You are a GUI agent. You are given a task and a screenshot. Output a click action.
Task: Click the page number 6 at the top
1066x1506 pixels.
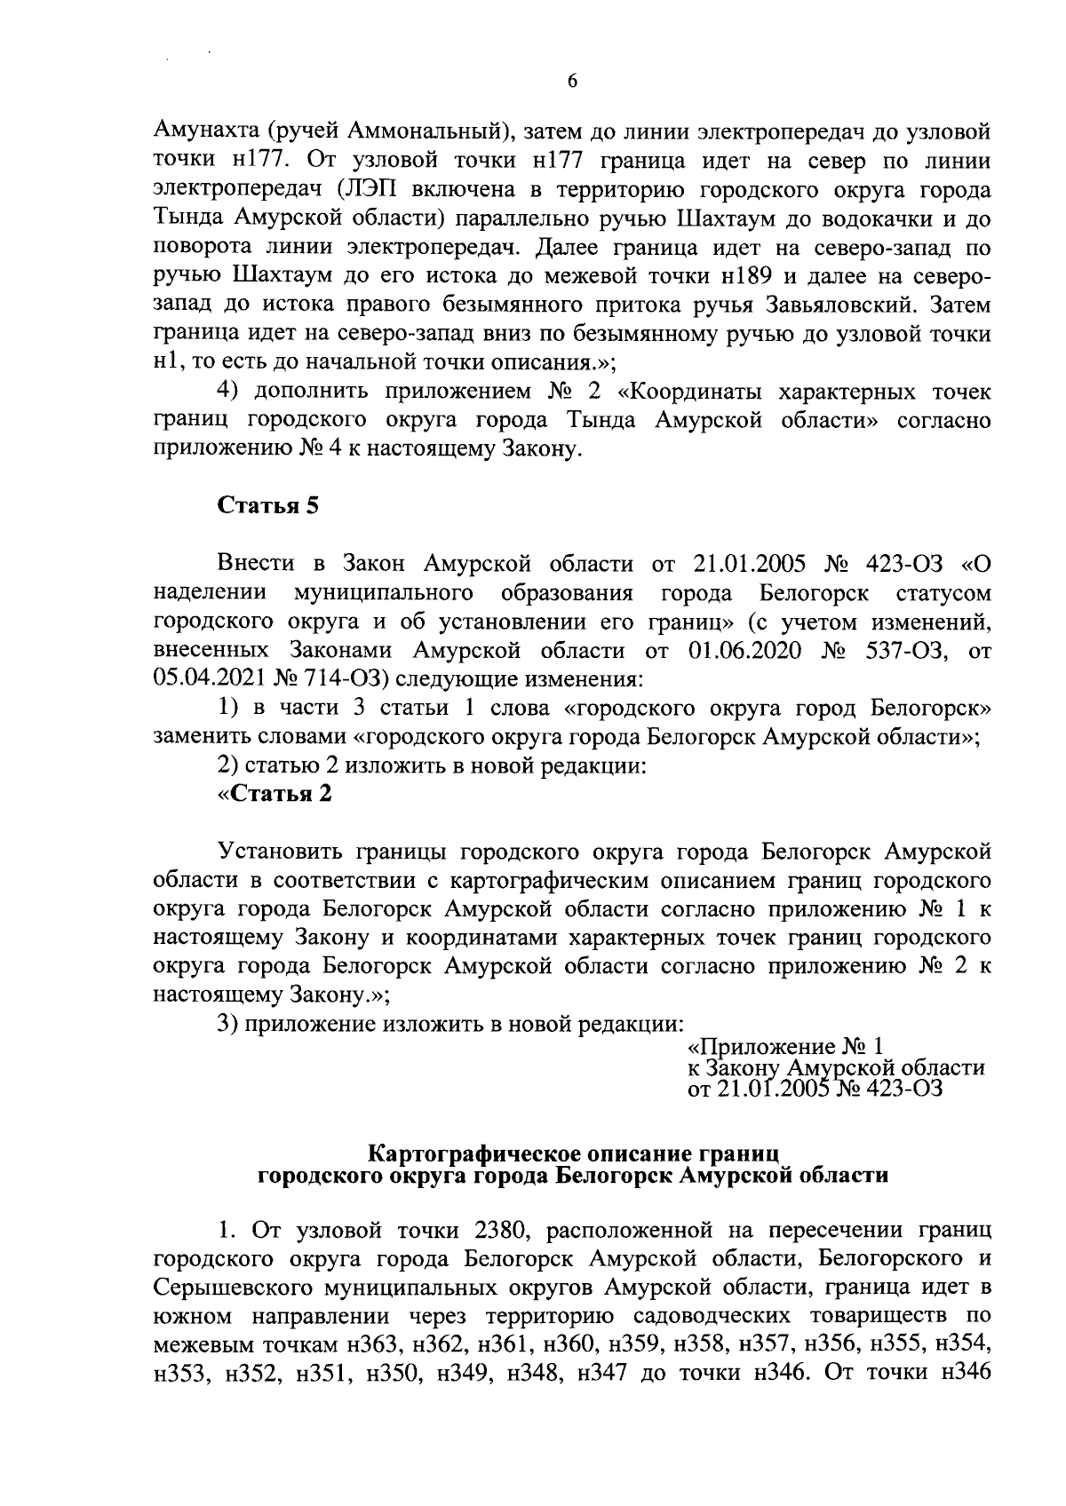click(572, 81)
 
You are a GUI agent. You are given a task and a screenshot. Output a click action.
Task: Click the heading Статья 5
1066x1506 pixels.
click(267, 506)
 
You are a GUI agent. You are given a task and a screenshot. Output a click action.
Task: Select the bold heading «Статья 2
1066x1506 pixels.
click(274, 794)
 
